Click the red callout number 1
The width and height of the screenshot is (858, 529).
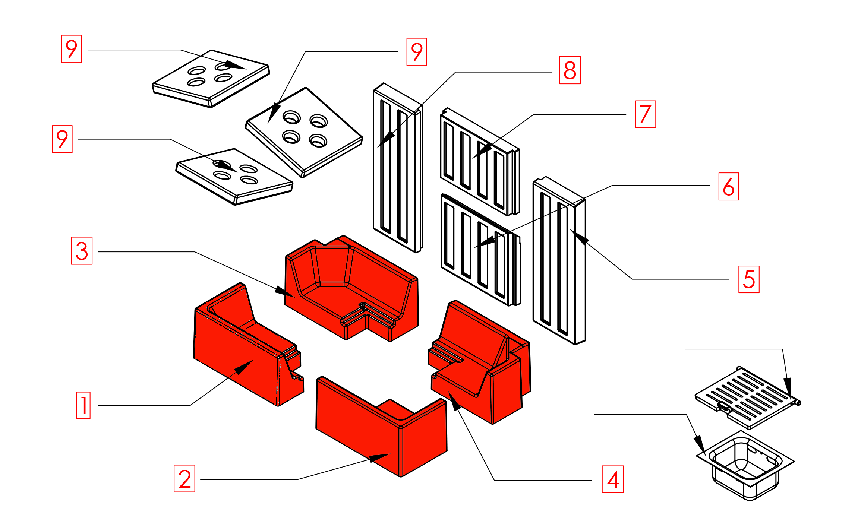83,405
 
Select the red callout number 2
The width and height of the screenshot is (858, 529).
184,478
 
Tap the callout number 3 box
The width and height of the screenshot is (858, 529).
82,251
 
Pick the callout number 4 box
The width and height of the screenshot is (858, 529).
613,479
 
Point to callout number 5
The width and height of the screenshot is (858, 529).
749,279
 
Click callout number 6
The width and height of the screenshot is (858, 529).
729,186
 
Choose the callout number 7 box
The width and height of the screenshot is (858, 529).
646,114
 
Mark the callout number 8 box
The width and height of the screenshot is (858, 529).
570,70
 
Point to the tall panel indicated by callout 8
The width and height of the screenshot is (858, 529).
397,168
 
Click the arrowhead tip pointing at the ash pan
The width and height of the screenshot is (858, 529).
704,452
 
